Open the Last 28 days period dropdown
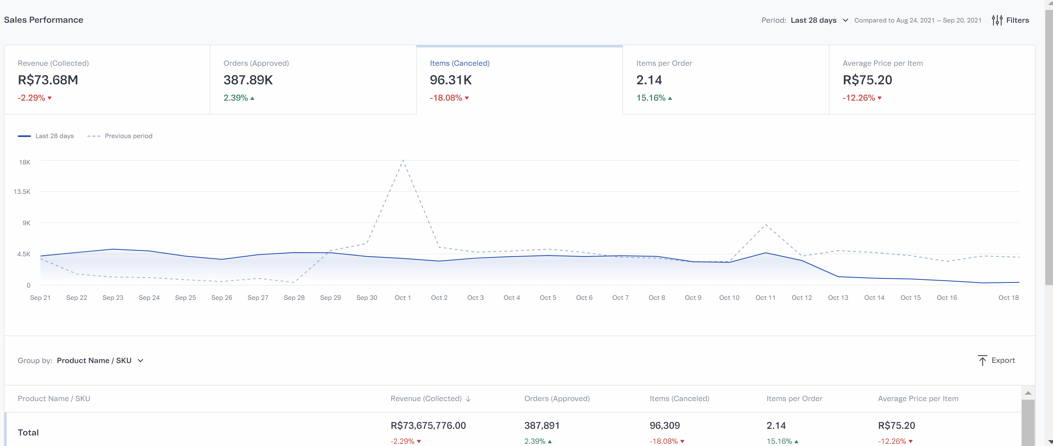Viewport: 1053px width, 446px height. tap(819, 20)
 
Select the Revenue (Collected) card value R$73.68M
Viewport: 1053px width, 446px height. tap(48, 80)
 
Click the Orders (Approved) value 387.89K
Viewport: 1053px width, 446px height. tap(248, 80)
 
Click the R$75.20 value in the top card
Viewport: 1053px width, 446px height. tap(867, 80)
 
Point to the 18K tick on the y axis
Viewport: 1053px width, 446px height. tap(25, 162)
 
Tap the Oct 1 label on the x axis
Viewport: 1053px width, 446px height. tap(402, 297)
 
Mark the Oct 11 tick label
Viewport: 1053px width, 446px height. tap(765, 297)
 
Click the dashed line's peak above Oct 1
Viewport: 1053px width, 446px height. tap(403, 160)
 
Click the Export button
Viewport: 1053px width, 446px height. tap(996, 360)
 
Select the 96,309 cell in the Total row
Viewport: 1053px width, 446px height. tap(664, 425)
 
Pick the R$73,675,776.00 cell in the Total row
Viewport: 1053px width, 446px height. tap(428, 425)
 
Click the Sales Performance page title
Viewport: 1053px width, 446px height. tap(43, 20)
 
